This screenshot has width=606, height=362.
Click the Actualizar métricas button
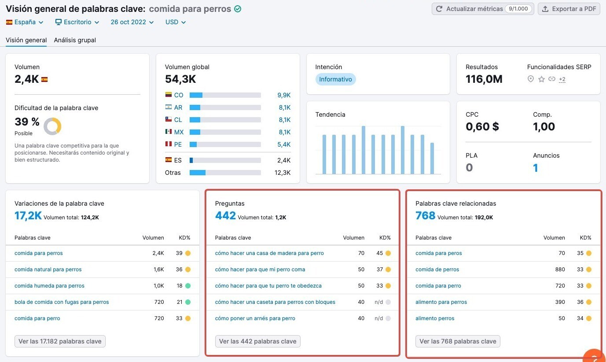click(482, 9)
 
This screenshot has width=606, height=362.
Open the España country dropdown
click(25, 22)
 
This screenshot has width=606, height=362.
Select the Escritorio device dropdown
click(77, 22)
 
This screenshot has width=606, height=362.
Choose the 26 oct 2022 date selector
click(132, 22)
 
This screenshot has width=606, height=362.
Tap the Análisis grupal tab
click(75, 40)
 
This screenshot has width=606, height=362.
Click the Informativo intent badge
click(335, 79)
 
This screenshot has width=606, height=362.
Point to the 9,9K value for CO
click(284, 95)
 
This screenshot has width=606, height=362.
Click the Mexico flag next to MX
click(169, 132)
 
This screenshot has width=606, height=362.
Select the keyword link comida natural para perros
click(48, 270)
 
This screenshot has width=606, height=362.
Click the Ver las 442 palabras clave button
click(257, 341)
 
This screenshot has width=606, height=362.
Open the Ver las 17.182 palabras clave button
click(60, 341)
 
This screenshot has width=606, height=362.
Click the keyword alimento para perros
click(441, 302)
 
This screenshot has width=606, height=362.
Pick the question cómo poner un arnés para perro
click(255, 318)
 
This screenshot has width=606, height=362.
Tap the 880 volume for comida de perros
click(560, 270)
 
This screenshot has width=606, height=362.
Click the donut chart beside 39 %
click(52, 126)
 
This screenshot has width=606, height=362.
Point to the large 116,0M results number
click(484, 79)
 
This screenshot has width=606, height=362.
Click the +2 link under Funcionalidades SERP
click(562, 79)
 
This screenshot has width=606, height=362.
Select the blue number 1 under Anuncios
click(535, 168)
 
